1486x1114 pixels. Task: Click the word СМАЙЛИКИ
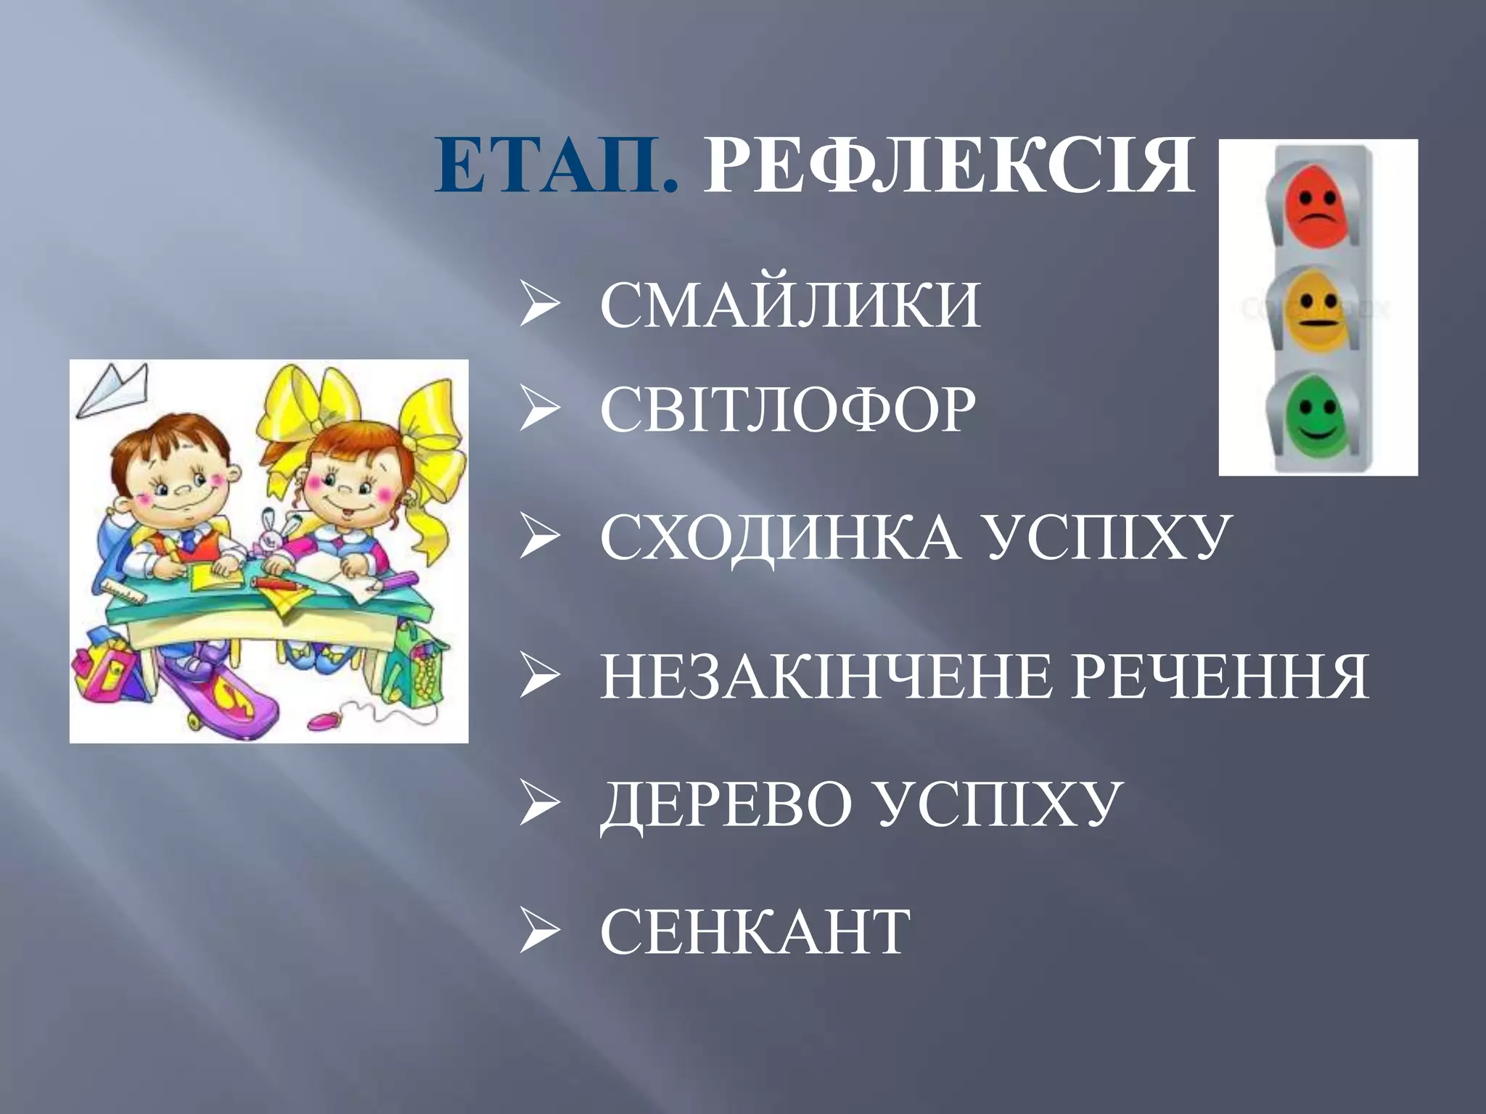(790, 305)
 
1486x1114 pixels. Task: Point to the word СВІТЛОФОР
(788, 410)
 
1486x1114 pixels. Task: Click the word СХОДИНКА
(780, 538)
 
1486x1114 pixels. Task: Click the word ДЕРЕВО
(726, 805)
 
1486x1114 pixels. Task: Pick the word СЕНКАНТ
(755, 932)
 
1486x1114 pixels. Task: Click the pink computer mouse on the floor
(324, 720)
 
